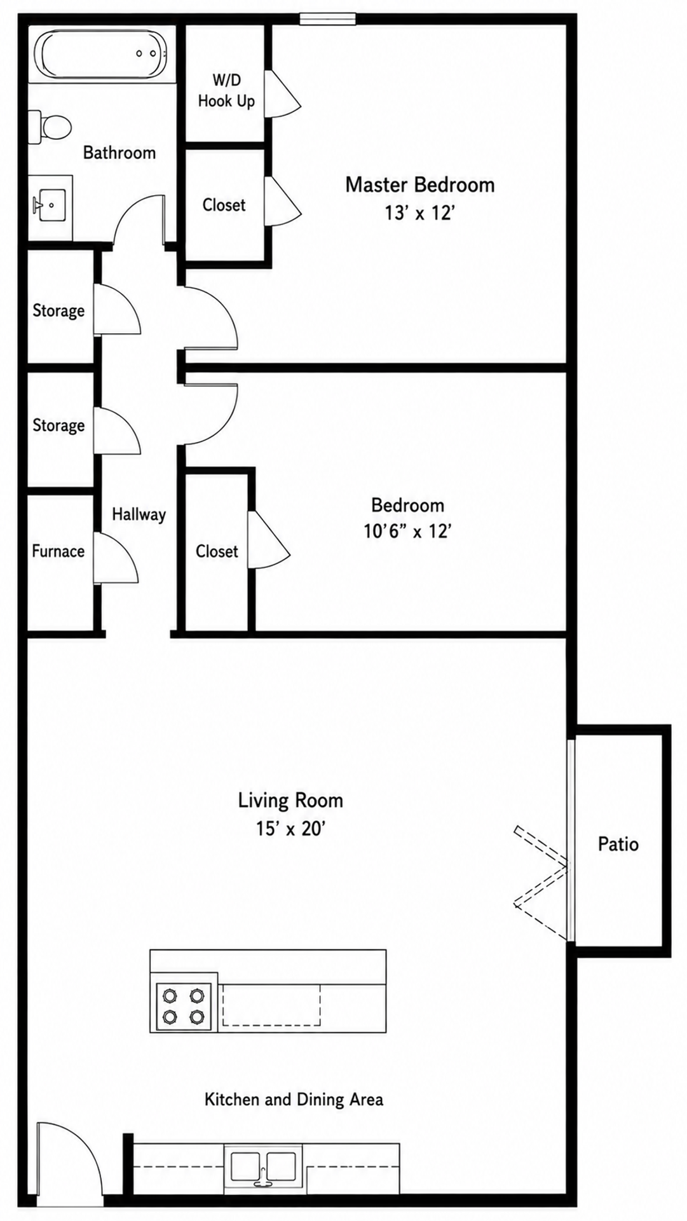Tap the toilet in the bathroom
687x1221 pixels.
[50, 127]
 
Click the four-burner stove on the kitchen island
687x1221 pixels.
[184, 1006]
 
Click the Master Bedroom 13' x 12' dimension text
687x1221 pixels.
[419, 212]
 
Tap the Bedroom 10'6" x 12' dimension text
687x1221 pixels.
[407, 530]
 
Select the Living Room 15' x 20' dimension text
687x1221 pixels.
[290, 829]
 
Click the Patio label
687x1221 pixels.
[618, 844]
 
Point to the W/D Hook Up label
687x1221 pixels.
[226, 90]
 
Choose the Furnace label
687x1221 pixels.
[58, 551]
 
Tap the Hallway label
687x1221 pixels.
[139, 514]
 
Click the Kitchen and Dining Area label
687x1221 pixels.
[294, 1100]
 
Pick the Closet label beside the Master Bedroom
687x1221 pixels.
[224, 205]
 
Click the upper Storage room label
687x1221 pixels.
[58, 310]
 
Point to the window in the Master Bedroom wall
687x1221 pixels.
[327, 19]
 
